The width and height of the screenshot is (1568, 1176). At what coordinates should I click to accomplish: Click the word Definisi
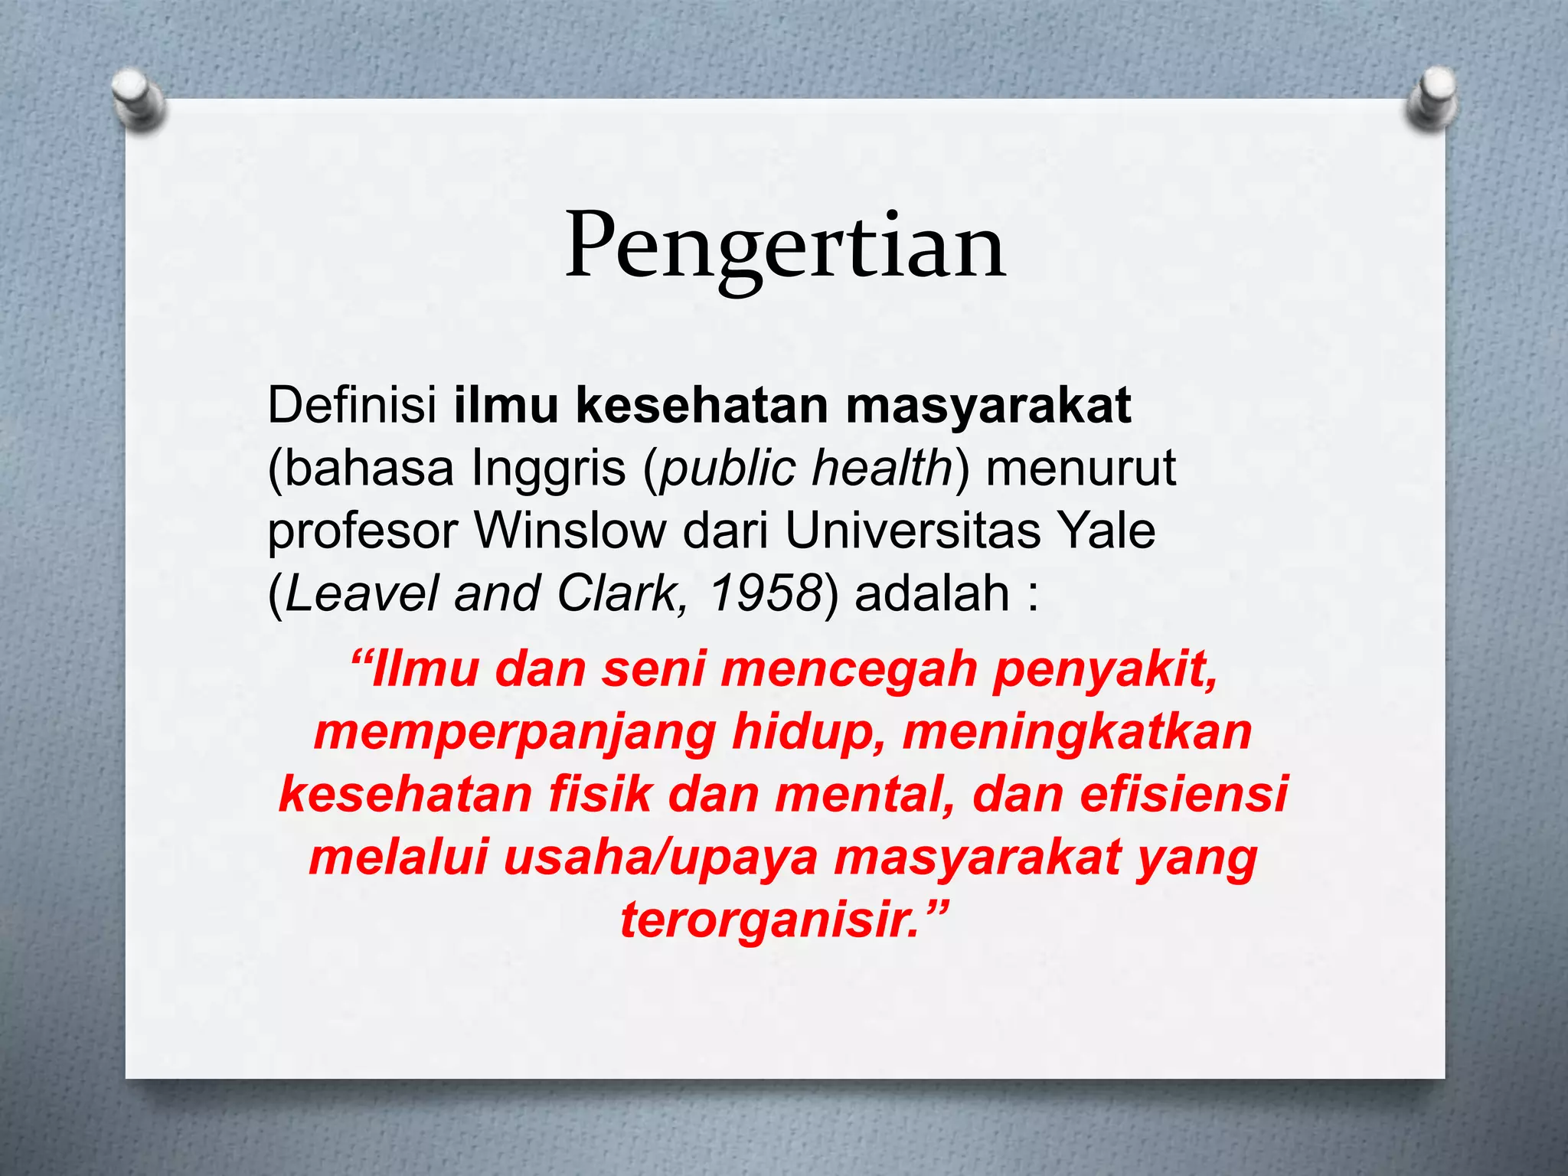(x=351, y=405)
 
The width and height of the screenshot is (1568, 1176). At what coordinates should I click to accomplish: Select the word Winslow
(x=570, y=530)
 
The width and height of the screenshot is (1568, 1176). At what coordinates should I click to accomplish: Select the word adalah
(x=932, y=593)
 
